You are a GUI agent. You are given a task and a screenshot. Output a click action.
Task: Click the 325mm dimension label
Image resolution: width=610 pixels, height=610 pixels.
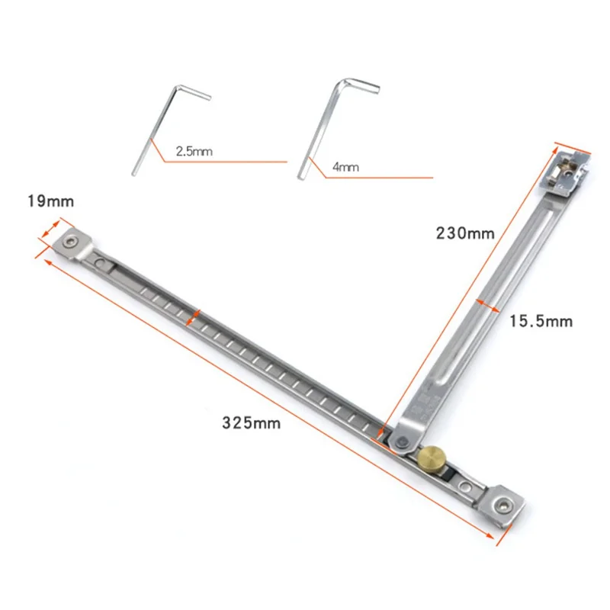(x=251, y=422)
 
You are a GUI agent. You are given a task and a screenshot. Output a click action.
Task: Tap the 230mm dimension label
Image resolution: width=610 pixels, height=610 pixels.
(x=465, y=233)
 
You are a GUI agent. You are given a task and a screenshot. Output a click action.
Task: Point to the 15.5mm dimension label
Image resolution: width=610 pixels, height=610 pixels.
(x=540, y=322)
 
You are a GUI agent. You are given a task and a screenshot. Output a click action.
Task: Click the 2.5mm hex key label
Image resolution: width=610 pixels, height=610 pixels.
(x=194, y=152)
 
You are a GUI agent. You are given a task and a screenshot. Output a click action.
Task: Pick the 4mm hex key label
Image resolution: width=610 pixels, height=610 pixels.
(x=345, y=165)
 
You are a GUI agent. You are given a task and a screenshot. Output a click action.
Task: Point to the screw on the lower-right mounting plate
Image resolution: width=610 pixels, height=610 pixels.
(x=502, y=504)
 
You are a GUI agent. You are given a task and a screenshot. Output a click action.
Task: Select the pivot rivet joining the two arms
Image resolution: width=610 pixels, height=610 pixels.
(x=399, y=438)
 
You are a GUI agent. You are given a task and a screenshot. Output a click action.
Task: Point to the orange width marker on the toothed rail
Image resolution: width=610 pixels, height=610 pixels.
(x=197, y=315)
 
